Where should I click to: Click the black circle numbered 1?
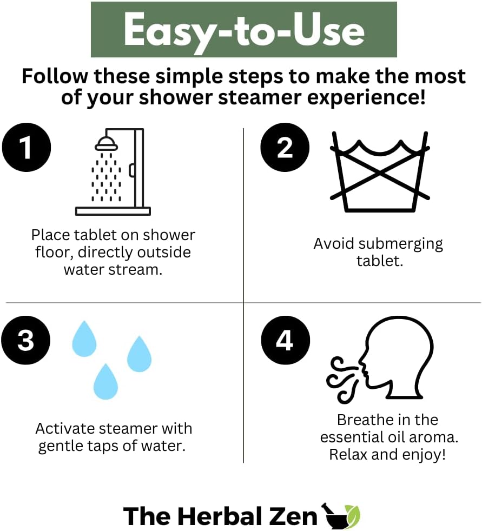point(26,148)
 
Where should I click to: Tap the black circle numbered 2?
point(285,148)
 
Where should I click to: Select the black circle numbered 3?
point(26,342)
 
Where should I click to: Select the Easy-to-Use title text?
point(243,30)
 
